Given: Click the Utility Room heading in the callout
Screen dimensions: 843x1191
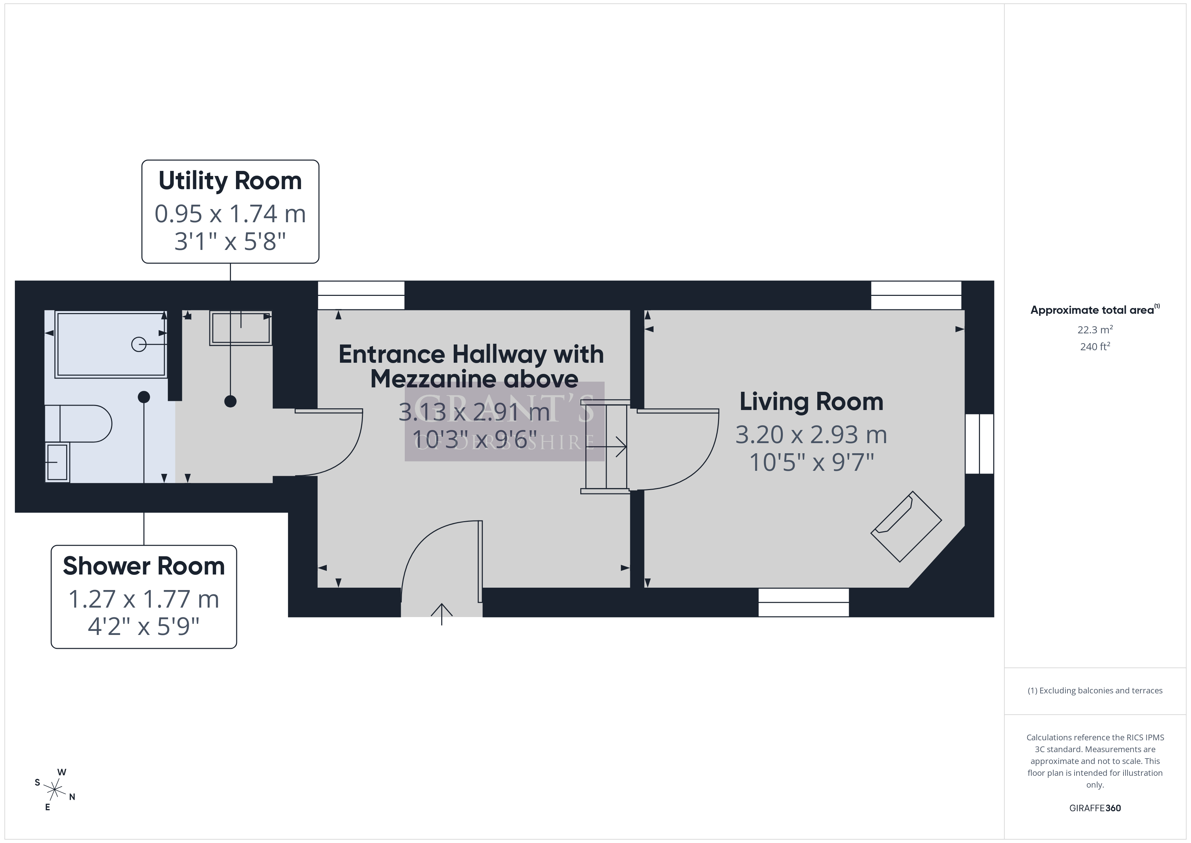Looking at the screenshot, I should click(230, 181).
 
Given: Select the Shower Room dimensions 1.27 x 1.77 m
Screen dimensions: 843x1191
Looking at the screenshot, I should click(144, 599).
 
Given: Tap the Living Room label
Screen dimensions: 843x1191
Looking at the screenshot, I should click(811, 402).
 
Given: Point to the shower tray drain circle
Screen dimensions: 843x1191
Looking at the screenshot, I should click(138, 344).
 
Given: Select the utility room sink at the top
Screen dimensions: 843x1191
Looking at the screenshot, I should click(241, 328).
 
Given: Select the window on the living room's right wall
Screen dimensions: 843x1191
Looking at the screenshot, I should click(979, 444).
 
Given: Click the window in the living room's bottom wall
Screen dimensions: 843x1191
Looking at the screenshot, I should click(803, 602).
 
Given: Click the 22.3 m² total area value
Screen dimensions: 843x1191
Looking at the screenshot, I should click(1094, 330).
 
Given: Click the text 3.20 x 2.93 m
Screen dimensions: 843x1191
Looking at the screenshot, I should click(811, 435).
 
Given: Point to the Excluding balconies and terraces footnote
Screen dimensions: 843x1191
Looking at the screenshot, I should click(1094, 690).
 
